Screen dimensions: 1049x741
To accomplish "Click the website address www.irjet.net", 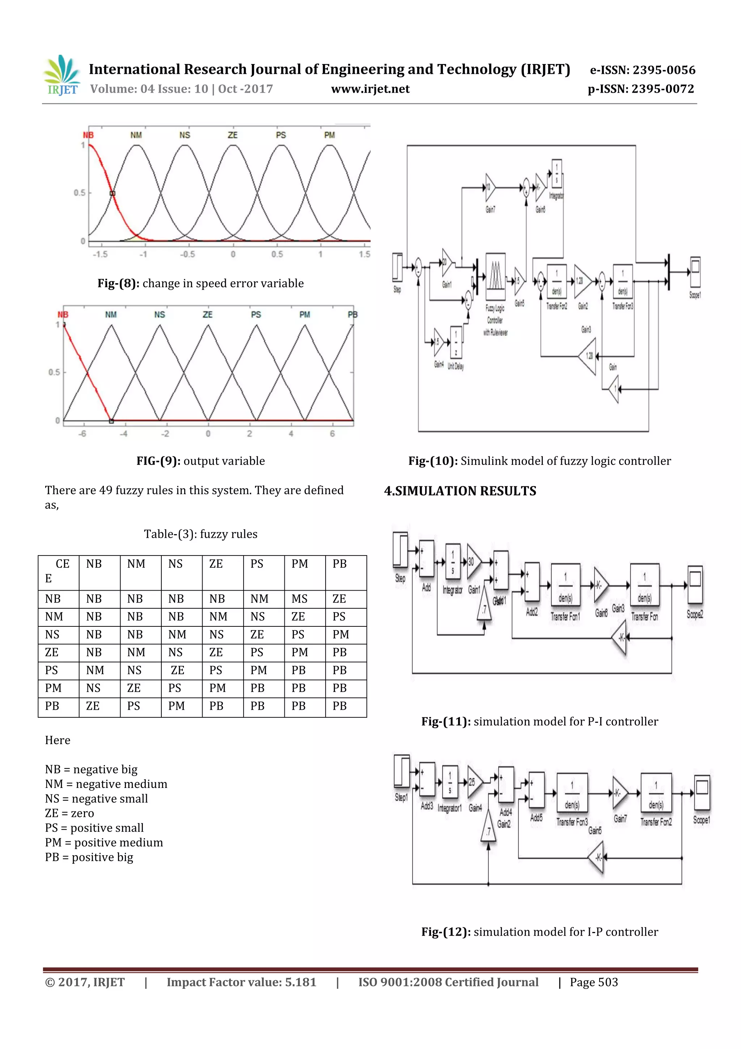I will click(x=370, y=89).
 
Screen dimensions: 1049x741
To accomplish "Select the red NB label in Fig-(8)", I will click(x=88, y=135).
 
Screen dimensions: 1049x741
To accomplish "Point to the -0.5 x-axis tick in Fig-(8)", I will click(x=187, y=254).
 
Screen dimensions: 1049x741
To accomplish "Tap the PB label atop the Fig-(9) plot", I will click(x=352, y=314).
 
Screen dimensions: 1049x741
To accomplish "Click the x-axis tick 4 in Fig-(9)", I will click(x=291, y=433).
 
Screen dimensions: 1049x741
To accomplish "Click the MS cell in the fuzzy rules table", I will click(x=300, y=599).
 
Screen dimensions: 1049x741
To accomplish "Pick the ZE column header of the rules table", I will click(x=216, y=564).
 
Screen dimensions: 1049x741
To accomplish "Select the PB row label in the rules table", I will click(x=52, y=706).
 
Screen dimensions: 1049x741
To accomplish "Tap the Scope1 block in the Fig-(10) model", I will click(x=695, y=272).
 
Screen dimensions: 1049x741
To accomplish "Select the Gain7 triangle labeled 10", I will click(x=490, y=187).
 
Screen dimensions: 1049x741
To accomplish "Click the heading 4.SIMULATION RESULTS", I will click(x=460, y=491).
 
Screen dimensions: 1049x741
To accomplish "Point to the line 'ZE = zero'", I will click(x=69, y=813).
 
